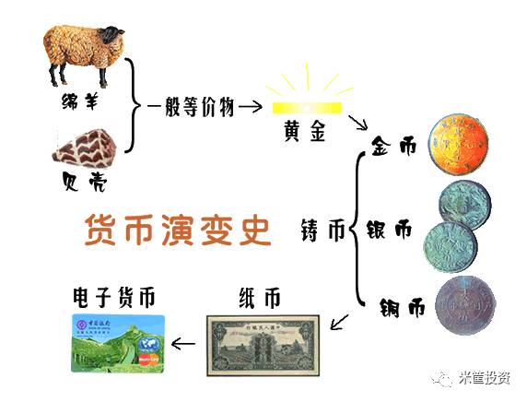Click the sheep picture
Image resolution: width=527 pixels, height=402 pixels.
[x=82, y=54]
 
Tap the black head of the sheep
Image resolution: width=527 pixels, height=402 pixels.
[x=111, y=37]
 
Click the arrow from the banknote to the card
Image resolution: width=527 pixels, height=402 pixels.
[x=185, y=346]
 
